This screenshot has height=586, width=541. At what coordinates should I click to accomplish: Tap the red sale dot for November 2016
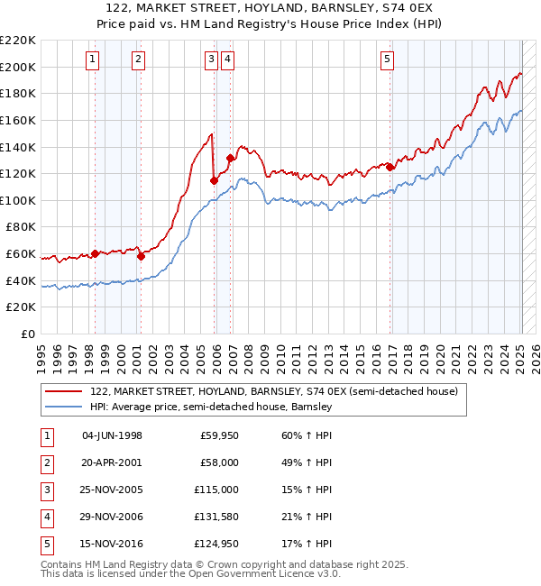[390, 166]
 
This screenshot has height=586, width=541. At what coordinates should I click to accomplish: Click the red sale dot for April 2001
[141, 256]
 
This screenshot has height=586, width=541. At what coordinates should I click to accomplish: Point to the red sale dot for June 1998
[95, 253]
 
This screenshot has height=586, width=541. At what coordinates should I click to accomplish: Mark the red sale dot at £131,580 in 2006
[230, 158]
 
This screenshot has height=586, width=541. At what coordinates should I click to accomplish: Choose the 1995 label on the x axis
[41, 354]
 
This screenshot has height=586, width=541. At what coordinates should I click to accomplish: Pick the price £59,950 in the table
[219, 435]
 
